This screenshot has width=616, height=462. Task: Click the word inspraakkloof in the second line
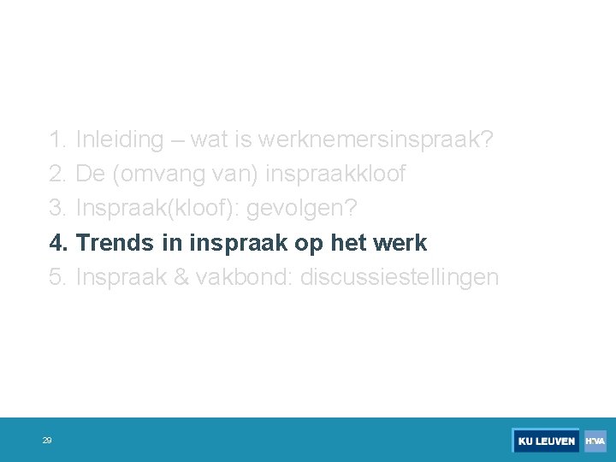(335, 175)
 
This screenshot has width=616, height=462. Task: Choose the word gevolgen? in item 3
(302, 209)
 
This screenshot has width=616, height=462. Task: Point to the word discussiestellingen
(400, 277)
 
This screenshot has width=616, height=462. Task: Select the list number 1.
(58, 139)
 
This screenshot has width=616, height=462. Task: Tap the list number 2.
(58, 175)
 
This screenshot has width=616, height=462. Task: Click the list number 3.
(58, 209)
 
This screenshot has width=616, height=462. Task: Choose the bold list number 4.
(58, 243)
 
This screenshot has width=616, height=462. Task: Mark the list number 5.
(58, 277)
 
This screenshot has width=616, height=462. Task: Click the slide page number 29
(47, 441)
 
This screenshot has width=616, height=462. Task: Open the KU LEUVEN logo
(546, 441)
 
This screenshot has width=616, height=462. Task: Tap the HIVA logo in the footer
(595, 441)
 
